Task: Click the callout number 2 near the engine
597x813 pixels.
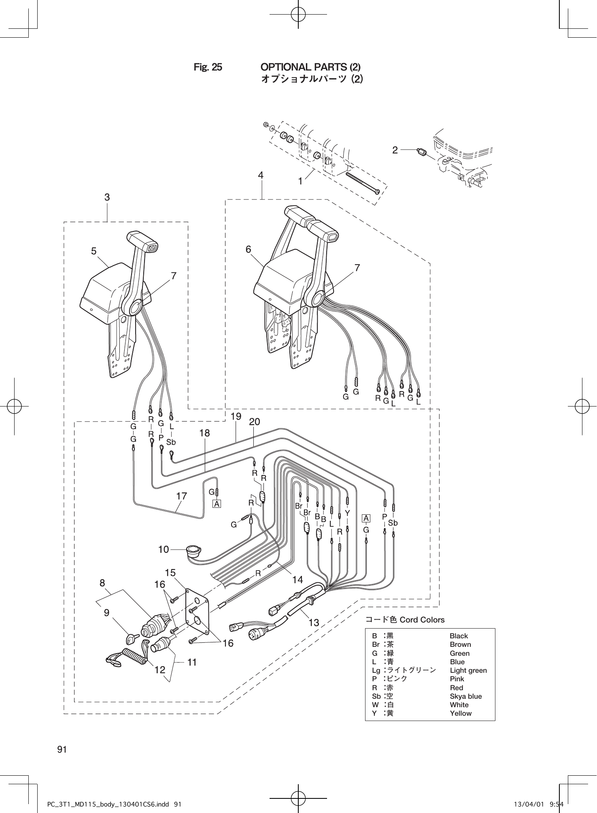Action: coord(395,150)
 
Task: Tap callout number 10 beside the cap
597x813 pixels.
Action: coord(164,550)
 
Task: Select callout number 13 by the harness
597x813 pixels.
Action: coord(314,622)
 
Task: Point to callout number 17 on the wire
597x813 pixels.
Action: coord(181,496)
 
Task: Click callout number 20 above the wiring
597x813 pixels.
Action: coord(255,422)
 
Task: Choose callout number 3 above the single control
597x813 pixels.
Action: coord(107,197)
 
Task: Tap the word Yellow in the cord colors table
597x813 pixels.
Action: coord(461,713)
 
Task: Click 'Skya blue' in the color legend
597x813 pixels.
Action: coord(465,696)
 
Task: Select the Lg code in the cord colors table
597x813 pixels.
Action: coord(376,670)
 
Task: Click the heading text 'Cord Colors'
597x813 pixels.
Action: coord(422,620)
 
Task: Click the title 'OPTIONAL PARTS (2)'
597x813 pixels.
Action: coord(310,67)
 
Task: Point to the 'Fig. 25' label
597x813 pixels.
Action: coord(208,67)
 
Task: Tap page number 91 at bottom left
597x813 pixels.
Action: coord(62,749)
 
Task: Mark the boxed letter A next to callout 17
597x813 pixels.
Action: coord(217,504)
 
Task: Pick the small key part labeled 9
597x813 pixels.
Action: coord(130,639)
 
